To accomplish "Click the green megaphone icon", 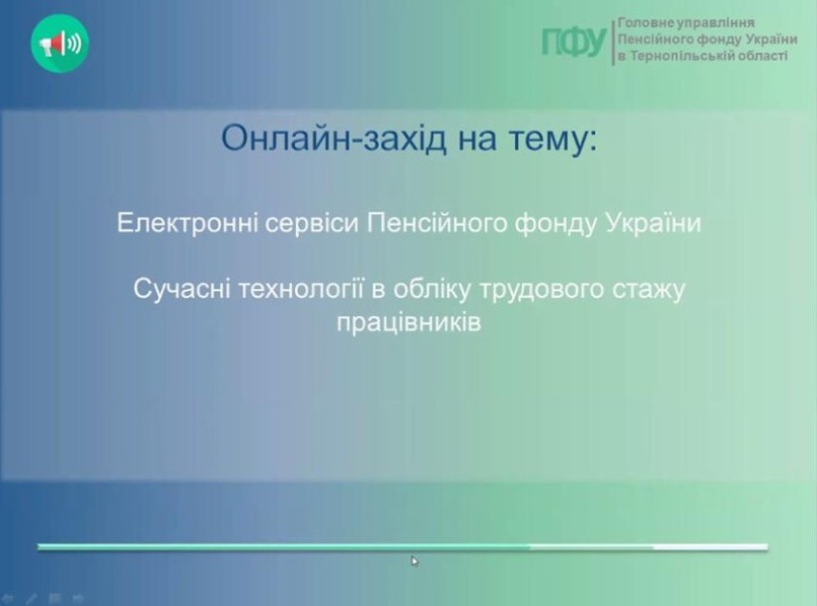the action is click(x=60, y=43).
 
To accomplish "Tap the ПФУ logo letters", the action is click(x=574, y=42).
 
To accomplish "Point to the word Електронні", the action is click(x=187, y=223).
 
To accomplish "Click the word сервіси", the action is click(x=312, y=223).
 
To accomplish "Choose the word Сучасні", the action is click(x=181, y=289).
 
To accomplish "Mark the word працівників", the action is click(x=408, y=323).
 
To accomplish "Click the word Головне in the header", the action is click(x=646, y=23).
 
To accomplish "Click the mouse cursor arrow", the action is click(x=414, y=561).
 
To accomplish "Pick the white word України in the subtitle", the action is click(x=654, y=223).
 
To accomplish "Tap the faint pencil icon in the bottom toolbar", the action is click(x=31, y=598).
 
